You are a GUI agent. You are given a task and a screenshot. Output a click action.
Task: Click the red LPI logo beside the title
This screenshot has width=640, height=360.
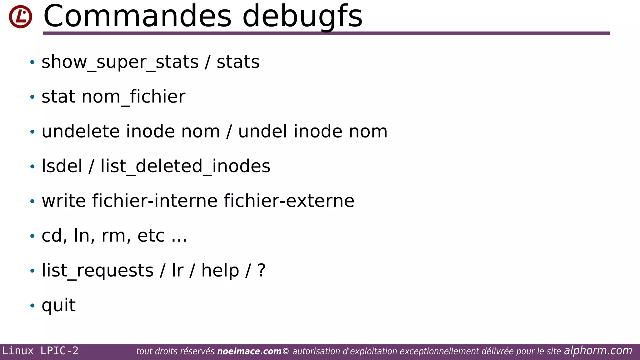pyautogui.click(x=20, y=17)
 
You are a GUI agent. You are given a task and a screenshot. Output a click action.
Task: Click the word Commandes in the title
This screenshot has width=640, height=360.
pyautogui.click(x=137, y=16)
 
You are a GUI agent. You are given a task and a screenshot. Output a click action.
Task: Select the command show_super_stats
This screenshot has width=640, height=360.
pyautogui.click(x=120, y=62)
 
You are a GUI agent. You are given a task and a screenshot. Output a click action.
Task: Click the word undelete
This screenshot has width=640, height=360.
pyautogui.click(x=81, y=131)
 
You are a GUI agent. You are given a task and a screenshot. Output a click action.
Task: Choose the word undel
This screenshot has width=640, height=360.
pyautogui.click(x=262, y=131)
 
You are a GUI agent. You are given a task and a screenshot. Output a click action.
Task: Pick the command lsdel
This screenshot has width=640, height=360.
pyautogui.click(x=62, y=166)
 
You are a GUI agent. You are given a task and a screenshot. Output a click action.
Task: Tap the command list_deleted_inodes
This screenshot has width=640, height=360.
pyautogui.click(x=185, y=166)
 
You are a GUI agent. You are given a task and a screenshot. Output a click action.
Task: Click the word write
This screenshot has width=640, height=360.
pyautogui.click(x=64, y=201)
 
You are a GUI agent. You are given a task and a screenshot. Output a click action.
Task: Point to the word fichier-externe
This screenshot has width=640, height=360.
pyautogui.click(x=289, y=201)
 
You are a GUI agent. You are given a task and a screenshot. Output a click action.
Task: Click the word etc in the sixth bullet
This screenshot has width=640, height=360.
pyautogui.click(x=151, y=236)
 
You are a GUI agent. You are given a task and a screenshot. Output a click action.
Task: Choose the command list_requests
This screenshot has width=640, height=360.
pyautogui.click(x=97, y=270)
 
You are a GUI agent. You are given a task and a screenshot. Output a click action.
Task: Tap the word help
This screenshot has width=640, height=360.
pyautogui.click(x=220, y=270)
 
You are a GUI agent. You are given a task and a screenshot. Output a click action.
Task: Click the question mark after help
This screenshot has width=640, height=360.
pyautogui.click(x=262, y=270)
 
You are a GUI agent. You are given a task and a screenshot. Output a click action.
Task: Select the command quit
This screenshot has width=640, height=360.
pyautogui.click(x=59, y=305)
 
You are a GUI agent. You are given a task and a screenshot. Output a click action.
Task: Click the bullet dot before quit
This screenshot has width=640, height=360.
pyautogui.click(x=32, y=305)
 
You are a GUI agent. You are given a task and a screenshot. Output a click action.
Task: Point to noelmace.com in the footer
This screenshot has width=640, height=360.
pyautogui.click(x=249, y=351)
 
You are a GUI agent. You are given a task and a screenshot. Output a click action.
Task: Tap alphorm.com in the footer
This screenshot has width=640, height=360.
pyautogui.click(x=598, y=351)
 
